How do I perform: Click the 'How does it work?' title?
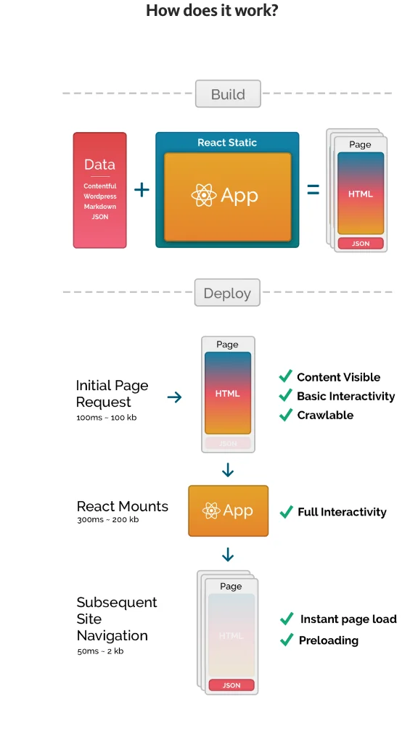pyautogui.click(x=211, y=11)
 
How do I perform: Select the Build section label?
pyautogui.click(x=227, y=94)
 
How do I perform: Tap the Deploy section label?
pyautogui.click(x=226, y=294)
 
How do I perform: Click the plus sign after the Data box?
pyautogui.click(x=142, y=190)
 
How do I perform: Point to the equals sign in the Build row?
pyautogui.click(x=313, y=191)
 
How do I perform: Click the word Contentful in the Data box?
pyautogui.click(x=99, y=186)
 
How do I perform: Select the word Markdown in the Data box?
pyautogui.click(x=99, y=207)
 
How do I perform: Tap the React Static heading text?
pyautogui.click(x=227, y=143)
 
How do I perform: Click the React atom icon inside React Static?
pyautogui.click(x=204, y=195)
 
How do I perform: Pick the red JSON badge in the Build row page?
pyautogui.click(x=360, y=244)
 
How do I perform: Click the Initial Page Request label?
pyautogui.click(x=112, y=393)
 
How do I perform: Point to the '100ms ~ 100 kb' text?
pyautogui.click(x=106, y=418)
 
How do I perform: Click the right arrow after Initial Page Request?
pyautogui.click(x=174, y=397)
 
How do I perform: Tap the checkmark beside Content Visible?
pyautogui.click(x=286, y=377)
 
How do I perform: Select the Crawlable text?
pyautogui.click(x=325, y=416)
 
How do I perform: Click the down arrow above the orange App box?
pyautogui.click(x=228, y=471)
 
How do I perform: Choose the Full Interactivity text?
pyautogui.click(x=342, y=512)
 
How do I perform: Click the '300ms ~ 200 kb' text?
pyautogui.click(x=107, y=519)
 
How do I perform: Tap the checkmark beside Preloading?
pyautogui.click(x=287, y=640)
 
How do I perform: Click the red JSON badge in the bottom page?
pyautogui.click(x=231, y=685)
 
